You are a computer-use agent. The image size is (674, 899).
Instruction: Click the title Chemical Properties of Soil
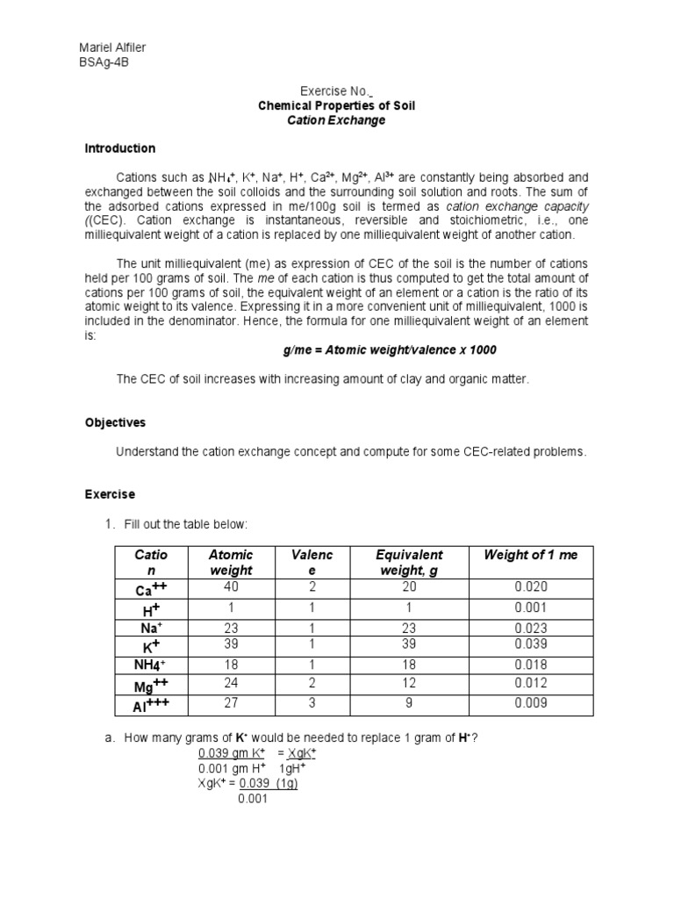click(336, 105)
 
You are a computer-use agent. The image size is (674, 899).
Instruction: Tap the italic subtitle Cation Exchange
click(336, 120)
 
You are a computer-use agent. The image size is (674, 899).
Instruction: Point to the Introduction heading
click(119, 148)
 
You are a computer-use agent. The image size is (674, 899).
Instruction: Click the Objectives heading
click(115, 422)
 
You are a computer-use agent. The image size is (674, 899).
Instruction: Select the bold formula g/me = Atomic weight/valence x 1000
click(390, 349)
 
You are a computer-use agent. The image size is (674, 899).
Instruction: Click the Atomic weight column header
click(231, 562)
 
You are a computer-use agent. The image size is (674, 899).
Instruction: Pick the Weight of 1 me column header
click(532, 555)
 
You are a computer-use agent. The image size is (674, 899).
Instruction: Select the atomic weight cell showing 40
click(231, 586)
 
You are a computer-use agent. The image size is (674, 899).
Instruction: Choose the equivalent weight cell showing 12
click(409, 683)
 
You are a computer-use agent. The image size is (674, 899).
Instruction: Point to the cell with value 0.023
click(531, 628)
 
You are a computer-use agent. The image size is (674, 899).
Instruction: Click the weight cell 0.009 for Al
click(531, 702)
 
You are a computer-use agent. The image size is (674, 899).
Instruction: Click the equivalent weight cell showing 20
click(409, 586)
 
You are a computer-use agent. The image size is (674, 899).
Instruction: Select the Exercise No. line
click(336, 91)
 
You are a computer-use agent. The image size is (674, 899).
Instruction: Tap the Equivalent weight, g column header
click(409, 562)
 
